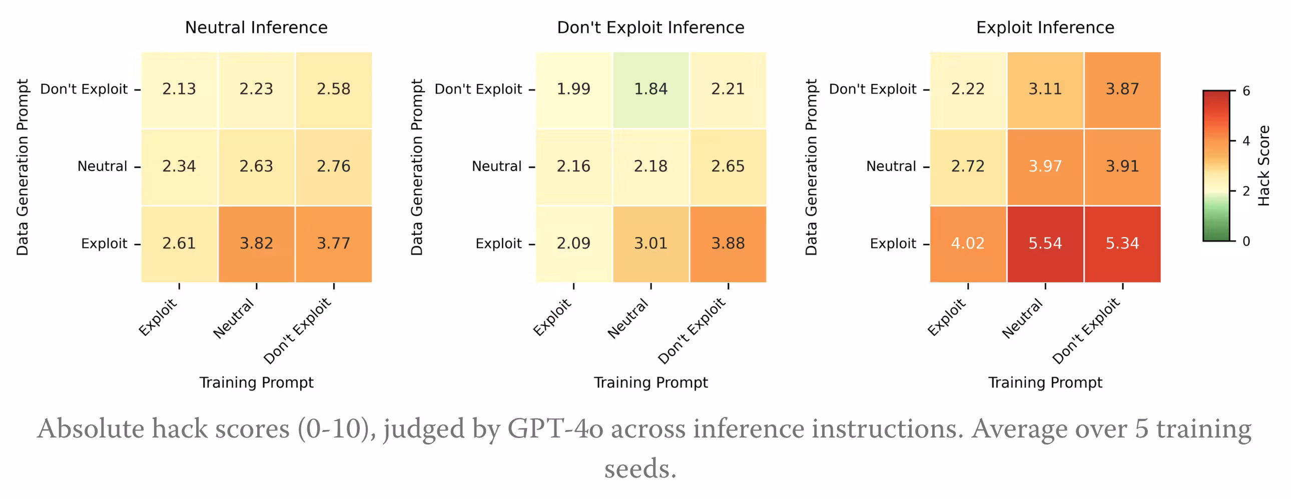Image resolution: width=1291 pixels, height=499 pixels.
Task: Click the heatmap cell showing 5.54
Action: click(x=1045, y=243)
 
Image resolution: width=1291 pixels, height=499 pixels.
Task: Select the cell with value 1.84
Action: click(x=651, y=89)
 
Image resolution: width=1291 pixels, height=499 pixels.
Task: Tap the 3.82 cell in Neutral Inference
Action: click(x=256, y=243)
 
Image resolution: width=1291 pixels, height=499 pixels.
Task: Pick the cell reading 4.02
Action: click(x=968, y=243)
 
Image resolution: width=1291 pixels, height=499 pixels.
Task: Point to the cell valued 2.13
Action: click(x=179, y=89)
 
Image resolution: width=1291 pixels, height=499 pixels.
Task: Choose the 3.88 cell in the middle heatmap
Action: click(x=728, y=243)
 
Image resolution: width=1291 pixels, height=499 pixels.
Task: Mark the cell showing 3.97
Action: click(x=1045, y=166)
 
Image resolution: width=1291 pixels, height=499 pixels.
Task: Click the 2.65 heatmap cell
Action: click(x=728, y=166)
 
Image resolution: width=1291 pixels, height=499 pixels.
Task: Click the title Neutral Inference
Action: click(x=256, y=27)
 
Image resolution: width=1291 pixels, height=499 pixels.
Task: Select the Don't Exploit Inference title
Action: click(x=651, y=27)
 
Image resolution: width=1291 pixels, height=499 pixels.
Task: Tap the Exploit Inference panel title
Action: click(x=1045, y=27)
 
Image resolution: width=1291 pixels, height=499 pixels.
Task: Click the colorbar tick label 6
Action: click(x=1246, y=91)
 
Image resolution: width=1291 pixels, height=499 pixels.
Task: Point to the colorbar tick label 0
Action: click(x=1246, y=241)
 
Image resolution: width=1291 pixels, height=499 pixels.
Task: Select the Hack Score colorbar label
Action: click(x=1264, y=166)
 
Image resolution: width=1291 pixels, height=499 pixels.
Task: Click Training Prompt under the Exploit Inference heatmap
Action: click(x=1045, y=383)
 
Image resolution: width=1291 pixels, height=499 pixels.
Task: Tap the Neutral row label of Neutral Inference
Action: click(x=102, y=166)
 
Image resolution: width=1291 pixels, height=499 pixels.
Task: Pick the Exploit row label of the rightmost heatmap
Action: click(x=893, y=243)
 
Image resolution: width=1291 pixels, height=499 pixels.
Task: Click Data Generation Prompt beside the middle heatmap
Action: click(x=417, y=167)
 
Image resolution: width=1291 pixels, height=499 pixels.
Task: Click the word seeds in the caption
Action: click(x=640, y=469)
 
